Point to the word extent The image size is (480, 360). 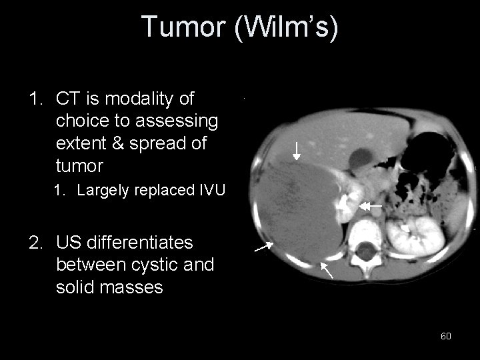[81, 143]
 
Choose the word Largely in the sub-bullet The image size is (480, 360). [103, 190]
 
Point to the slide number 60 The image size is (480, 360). [446, 336]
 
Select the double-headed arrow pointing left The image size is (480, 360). [370, 207]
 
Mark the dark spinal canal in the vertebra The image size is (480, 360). [366, 253]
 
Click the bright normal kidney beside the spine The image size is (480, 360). [414, 234]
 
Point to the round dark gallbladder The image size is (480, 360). [362, 158]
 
